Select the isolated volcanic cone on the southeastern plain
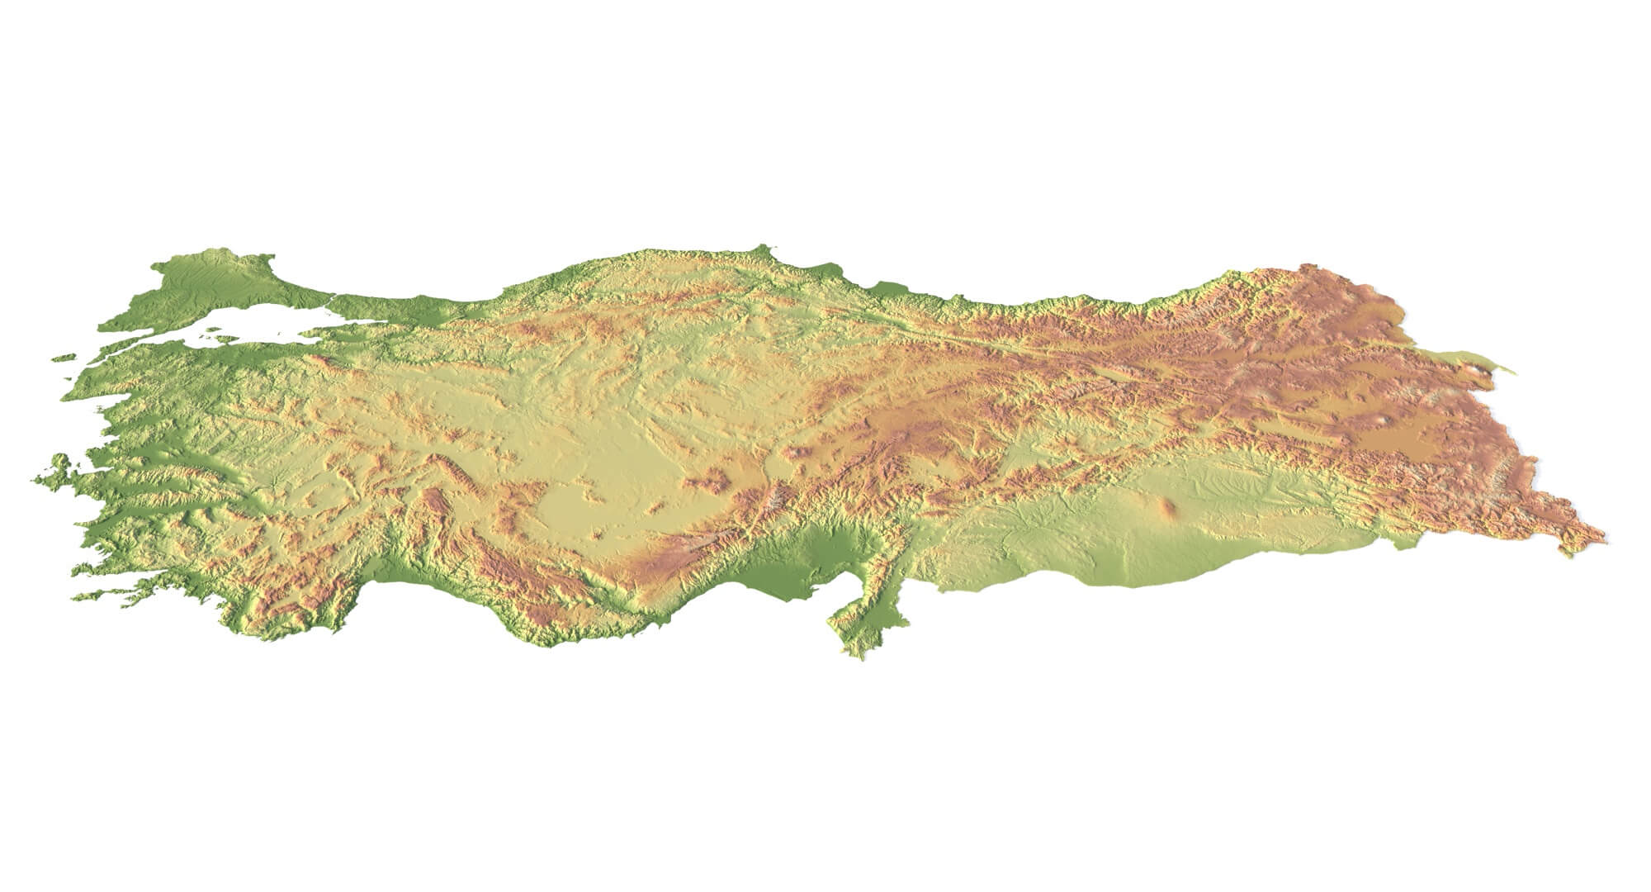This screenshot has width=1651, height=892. coord(1169,508)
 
